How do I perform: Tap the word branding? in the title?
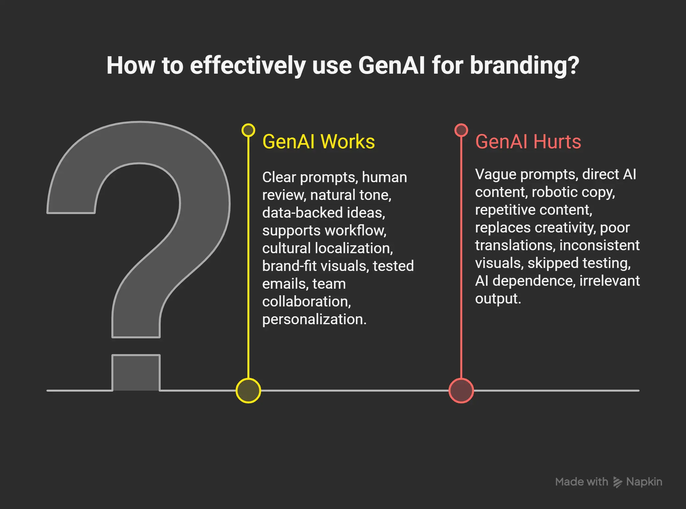524,65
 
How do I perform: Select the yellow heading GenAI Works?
318,142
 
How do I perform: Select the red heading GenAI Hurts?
528,142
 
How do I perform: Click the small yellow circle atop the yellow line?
248,130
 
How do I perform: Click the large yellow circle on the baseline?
248,391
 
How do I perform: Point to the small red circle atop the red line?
461,130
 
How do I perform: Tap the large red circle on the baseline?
461,391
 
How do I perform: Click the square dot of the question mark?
136,373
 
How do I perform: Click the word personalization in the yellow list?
313,319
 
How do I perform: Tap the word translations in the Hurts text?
515,245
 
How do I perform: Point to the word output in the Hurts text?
497,299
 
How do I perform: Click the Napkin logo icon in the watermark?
617,482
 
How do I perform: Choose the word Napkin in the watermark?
644,482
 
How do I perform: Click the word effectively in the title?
248,65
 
